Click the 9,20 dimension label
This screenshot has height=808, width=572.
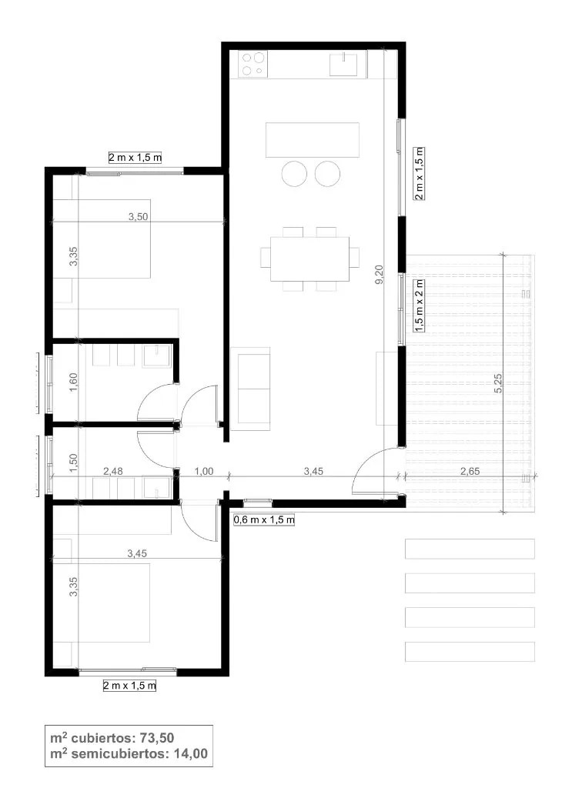[379, 275]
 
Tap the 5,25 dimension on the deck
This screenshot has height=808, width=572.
[498, 383]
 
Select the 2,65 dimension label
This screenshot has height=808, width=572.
[470, 471]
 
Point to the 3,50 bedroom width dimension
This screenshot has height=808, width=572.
[138, 216]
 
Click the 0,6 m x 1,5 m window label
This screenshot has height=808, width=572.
[264, 519]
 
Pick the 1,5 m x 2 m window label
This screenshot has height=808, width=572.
[420, 306]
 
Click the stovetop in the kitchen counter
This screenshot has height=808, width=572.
[253, 64]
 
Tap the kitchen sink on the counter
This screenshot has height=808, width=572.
[343, 63]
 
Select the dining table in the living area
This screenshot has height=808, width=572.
[309, 259]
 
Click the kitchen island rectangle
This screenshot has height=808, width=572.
[313, 139]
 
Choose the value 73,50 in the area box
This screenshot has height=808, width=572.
[157, 737]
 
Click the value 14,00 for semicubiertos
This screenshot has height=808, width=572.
[191, 753]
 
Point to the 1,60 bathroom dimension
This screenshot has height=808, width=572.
[73, 382]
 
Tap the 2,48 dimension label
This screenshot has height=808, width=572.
[113, 471]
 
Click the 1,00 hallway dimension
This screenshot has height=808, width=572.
[204, 471]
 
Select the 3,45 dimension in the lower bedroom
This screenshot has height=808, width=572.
[137, 553]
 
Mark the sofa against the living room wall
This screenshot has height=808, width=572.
[250, 389]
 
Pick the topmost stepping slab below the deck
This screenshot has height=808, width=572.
[470, 549]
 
